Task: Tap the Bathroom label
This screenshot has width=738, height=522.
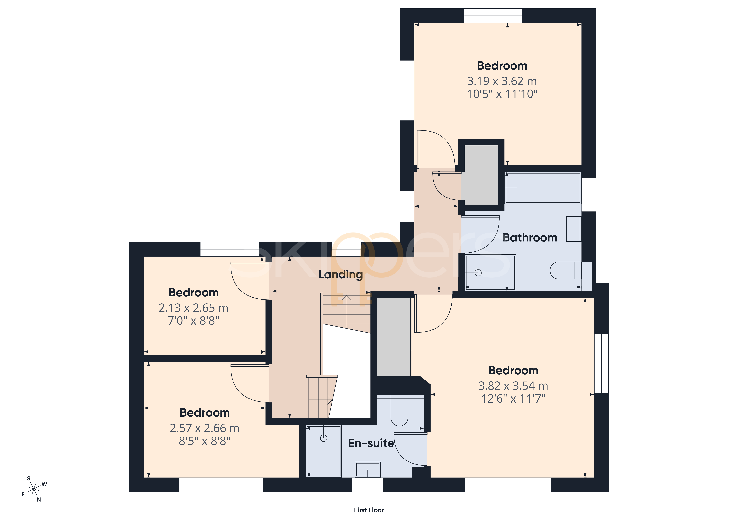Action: (x=530, y=238)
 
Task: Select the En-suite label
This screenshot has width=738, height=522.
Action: (x=371, y=443)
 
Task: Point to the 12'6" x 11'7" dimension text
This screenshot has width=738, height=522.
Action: (x=513, y=399)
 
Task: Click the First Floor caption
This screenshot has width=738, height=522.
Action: (x=369, y=510)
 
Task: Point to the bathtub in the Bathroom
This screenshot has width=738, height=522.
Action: (x=543, y=188)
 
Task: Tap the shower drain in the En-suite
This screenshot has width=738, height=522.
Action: (x=324, y=438)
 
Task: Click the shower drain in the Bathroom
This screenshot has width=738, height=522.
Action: (x=478, y=273)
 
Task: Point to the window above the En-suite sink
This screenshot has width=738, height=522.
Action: (x=367, y=485)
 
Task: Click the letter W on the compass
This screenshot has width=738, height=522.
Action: (x=44, y=484)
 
